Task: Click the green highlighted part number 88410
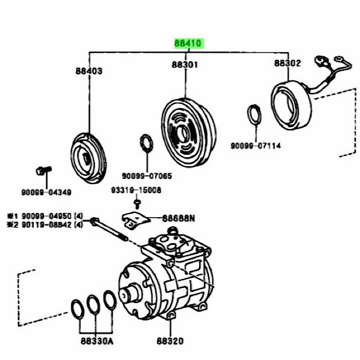188,43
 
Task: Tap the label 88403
89,71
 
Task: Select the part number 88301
185,65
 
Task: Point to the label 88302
287,63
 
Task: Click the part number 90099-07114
256,146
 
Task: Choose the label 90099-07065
147,176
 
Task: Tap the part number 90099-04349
46,192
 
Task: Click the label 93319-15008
136,190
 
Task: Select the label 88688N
179,218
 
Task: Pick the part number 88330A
97,341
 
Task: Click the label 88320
170,341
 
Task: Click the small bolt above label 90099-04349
44,170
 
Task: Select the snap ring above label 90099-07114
254,115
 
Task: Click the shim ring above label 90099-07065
146,143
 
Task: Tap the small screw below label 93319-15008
137,205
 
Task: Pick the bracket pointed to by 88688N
136,220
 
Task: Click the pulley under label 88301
188,133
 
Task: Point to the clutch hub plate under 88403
88,158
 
